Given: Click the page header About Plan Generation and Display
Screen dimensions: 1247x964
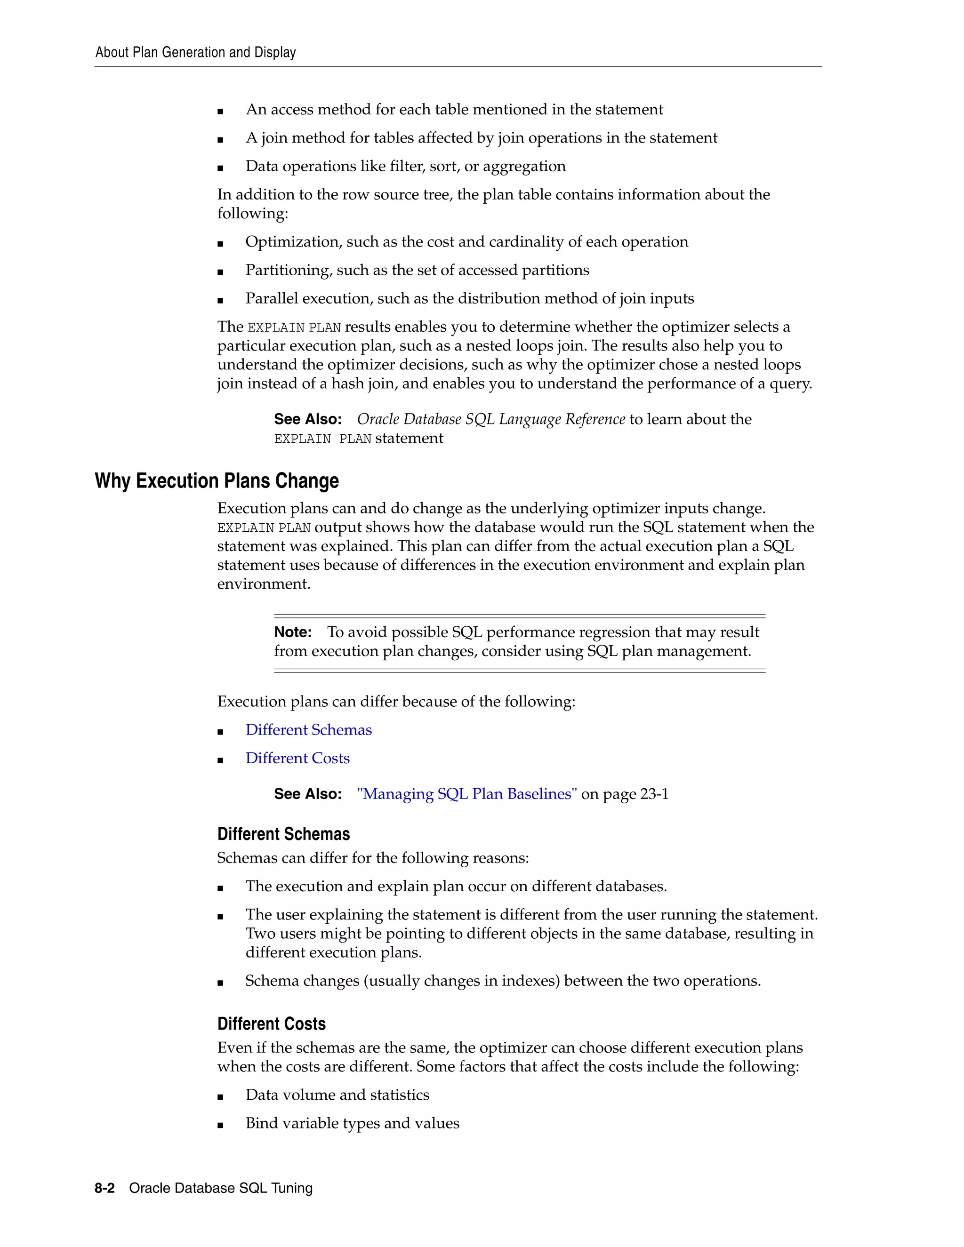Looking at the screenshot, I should (195, 53).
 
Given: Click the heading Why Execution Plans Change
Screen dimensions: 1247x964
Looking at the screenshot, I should (217, 481).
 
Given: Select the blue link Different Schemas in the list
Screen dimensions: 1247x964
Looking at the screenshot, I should (308, 730).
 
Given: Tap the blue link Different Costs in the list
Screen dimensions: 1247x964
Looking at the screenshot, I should (297, 758).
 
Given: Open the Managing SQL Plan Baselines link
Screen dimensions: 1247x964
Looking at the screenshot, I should (466, 794).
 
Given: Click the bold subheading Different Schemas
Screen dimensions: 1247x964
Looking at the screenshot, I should (283, 834).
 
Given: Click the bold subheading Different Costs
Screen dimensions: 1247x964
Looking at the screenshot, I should (271, 1024).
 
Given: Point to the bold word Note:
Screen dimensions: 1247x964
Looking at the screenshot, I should (292, 632).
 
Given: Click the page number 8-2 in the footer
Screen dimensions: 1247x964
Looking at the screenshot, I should (104, 1188).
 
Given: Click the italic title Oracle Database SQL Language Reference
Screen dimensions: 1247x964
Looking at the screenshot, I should (490, 419).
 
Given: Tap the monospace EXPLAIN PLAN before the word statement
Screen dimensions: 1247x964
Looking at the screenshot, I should (322, 439).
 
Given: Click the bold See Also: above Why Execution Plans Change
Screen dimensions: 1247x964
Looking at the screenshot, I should (307, 420).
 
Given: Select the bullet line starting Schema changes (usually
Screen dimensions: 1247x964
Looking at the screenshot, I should (503, 981).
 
